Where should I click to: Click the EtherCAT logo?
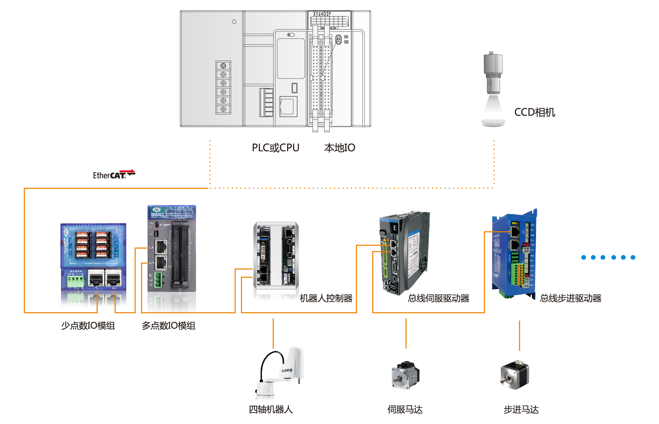click(x=114, y=175)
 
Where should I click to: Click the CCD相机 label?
click(x=535, y=112)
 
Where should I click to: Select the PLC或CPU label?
click(x=275, y=148)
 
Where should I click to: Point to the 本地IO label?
click(x=339, y=148)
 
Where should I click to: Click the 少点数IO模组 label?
click(x=88, y=325)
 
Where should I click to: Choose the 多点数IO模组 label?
click(x=168, y=325)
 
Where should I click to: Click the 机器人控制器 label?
click(x=326, y=298)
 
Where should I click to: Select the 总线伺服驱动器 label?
click(x=438, y=298)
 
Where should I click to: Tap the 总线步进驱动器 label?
click(x=570, y=298)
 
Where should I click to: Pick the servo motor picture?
click(x=405, y=375)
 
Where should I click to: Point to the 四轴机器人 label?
click(x=271, y=409)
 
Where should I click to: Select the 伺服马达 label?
click(x=405, y=409)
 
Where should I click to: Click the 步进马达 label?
click(x=521, y=409)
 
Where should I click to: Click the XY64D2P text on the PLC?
click(x=322, y=14)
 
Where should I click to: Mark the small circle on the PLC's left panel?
click(x=234, y=22)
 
